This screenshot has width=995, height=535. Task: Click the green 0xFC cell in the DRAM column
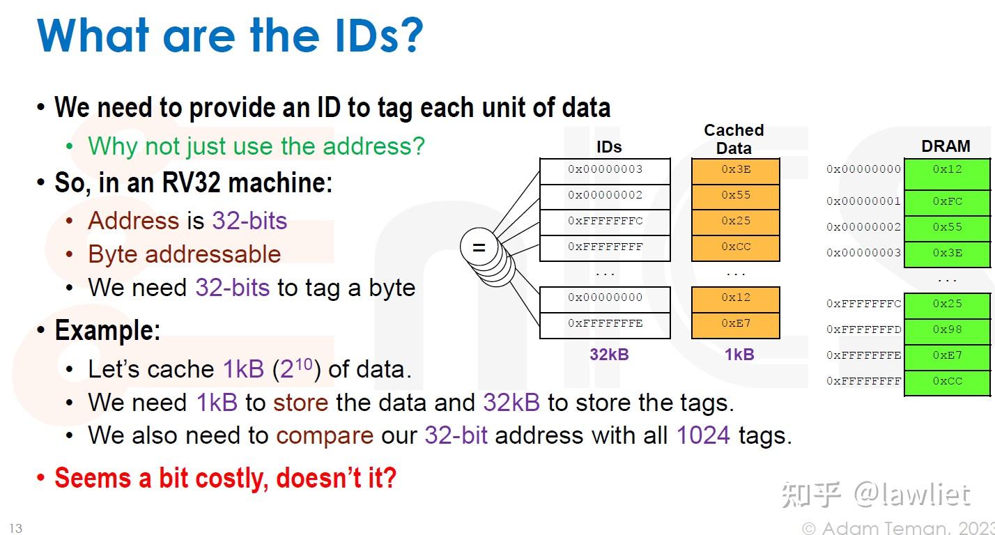pyautogui.click(x=947, y=201)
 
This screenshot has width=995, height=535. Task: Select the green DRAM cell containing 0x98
pyautogui.click(x=947, y=329)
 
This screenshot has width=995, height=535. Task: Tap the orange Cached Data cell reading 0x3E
pyautogui.click(x=735, y=169)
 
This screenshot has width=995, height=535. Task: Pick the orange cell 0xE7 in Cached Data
pyautogui.click(x=735, y=323)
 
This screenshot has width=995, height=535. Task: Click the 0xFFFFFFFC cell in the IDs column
pyautogui.click(x=605, y=221)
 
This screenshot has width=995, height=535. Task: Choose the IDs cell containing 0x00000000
pyautogui.click(x=605, y=297)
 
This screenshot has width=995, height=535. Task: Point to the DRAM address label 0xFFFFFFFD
pyautogui.click(x=863, y=329)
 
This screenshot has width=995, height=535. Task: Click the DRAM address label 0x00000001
pyautogui.click(x=863, y=201)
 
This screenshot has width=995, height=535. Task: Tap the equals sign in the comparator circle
pyautogui.click(x=479, y=247)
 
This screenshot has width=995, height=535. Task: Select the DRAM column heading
pyautogui.click(x=946, y=146)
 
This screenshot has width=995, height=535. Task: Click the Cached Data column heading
pyautogui.click(x=734, y=139)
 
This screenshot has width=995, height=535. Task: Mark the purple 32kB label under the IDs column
pyautogui.click(x=609, y=355)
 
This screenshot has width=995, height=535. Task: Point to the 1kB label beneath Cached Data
pyautogui.click(x=739, y=355)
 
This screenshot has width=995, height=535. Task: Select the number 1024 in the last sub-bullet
pyautogui.click(x=703, y=436)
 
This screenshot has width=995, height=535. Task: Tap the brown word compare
pyautogui.click(x=325, y=436)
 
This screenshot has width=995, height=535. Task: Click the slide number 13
pyautogui.click(x=15, y=528)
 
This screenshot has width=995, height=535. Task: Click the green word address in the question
pyautogui.click(x=377, y=146)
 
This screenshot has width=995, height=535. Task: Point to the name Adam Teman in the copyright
pyautogui.click(x=879, y=529)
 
